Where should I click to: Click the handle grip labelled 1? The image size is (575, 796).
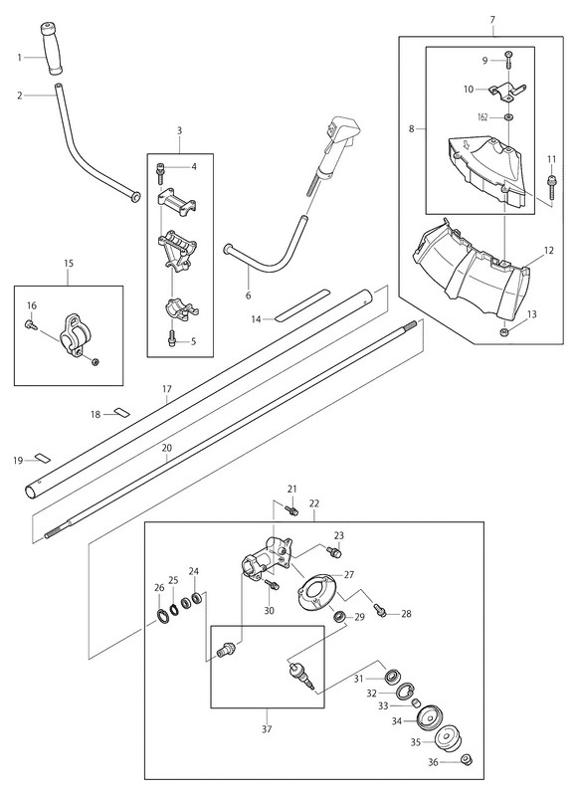pos(52,48)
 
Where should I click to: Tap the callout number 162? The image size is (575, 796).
pos(482,117)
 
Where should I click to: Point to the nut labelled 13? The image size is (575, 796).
pos(505,332)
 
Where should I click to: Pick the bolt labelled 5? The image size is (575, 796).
pos(171,337)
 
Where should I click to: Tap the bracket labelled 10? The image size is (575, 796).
pos(507,92)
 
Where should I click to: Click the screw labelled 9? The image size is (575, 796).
pos(507,60)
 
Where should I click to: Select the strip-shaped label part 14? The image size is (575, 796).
pos(302,306)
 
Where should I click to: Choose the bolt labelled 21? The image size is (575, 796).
pos(291,510)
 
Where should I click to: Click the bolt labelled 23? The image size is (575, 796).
pos(334,552)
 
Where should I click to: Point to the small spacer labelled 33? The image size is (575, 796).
pos(416,703)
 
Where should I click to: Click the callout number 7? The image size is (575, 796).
pos(492,20)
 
